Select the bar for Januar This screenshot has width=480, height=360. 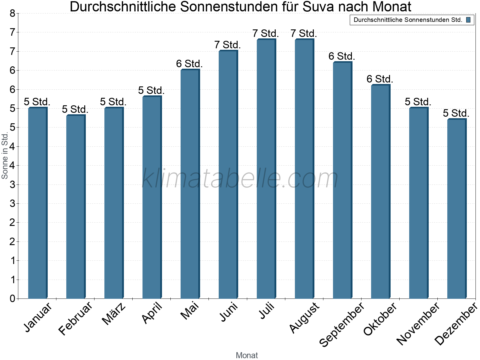[37, 203]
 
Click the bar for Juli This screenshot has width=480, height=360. [266, 169]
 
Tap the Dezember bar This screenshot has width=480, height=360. [457, 209]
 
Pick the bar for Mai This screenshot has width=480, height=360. [190, 184]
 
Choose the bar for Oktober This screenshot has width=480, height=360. [380, 192]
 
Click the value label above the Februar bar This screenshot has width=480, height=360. [75, 109]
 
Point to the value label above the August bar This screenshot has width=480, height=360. [304, 33]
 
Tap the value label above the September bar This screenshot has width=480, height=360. [342, 56]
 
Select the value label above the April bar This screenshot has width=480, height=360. [151, 90]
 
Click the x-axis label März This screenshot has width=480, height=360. [114, 314]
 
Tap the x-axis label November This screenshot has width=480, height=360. [418, 324]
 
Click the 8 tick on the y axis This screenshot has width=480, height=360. [12, 13]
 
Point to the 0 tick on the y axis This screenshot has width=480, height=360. [12, 298]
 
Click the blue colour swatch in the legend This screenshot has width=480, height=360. [468, 20]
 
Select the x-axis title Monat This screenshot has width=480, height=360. [247, 355]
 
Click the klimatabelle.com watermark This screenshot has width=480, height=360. [240, 178]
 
